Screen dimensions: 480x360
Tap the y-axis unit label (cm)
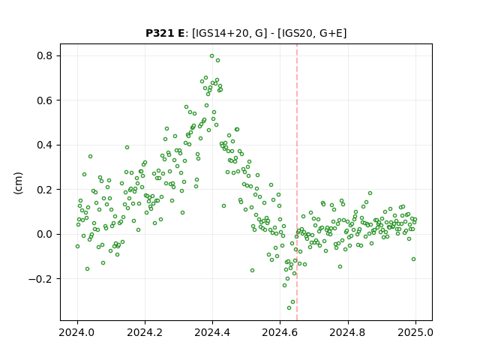coord(18,183)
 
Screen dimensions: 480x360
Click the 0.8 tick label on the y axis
coord(45,55)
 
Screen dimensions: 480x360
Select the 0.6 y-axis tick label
coord(45,100)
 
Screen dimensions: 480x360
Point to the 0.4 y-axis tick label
coord(45,145)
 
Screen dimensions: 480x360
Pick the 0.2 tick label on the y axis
coord(45,190)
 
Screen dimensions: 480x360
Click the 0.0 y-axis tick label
coord(45,234)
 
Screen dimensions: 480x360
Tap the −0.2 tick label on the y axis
coord(40,279)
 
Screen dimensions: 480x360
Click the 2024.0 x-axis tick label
coord(77,332)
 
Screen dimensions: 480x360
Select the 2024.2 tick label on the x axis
coord(145,332)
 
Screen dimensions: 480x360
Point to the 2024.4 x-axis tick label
coord(212,332)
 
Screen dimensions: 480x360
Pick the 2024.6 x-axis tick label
coord(280,332)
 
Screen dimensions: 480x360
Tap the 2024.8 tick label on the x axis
coord(348,332)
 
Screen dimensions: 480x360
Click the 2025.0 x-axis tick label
coord(415,332)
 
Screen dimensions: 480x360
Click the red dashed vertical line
coord(297,182)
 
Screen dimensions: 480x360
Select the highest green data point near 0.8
coord(211,56)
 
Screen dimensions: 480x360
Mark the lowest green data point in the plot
coord(289,307)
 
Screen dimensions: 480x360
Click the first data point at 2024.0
coord(77,247)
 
